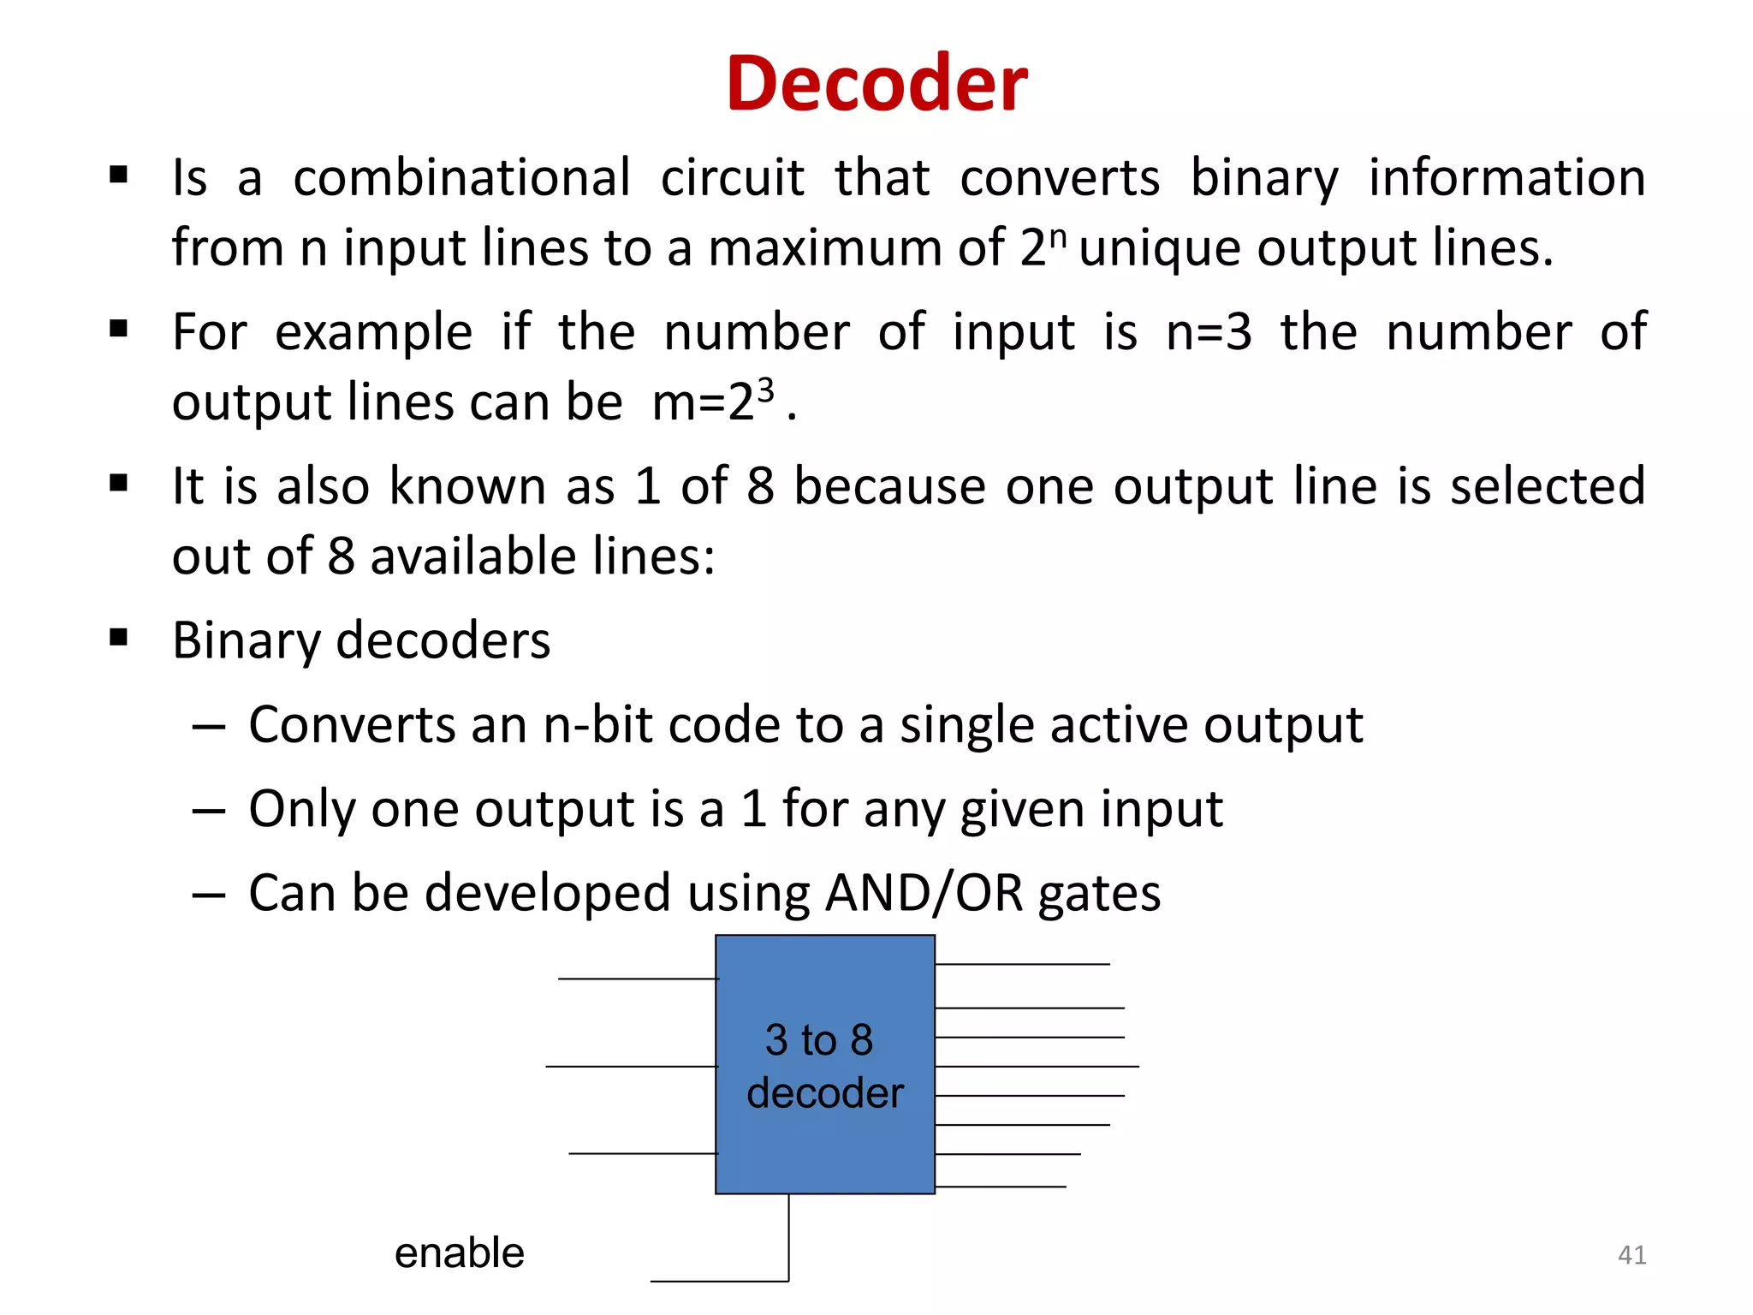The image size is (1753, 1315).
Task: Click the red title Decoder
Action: (876, 83)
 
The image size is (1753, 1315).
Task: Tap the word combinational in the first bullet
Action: (462, 178)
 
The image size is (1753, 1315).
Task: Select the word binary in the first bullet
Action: (1264, 178)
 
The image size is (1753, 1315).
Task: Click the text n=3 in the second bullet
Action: (1209, 332)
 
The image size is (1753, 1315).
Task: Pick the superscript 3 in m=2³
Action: (765, 390)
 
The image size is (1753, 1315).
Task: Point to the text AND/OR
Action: (924, 893)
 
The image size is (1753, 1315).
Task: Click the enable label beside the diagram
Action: (459, 1253)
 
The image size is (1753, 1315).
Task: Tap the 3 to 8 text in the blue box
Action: (819, 1040)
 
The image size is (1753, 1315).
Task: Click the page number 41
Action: (1631, 1255)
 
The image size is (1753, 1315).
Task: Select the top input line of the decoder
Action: (638, 979)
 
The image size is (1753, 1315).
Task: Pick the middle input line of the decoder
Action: (631, 1067)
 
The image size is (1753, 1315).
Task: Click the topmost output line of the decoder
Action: (1023, 964)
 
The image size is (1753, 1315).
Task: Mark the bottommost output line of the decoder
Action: (1001, 1187)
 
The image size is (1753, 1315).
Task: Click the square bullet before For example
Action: (119, 330)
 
